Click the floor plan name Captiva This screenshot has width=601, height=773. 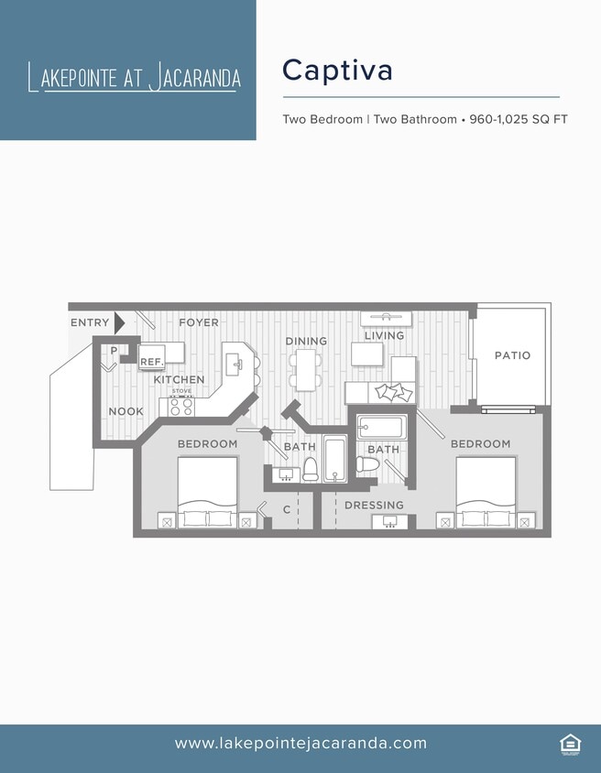(x=337, y=70)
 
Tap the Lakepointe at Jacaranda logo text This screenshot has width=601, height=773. (x=135, y=78)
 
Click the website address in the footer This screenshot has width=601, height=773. (x=300, y=743)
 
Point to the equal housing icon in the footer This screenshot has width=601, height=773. (x=569, y=744)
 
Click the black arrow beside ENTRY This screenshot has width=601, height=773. (x=119, y=323)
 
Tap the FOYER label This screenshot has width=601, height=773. (x=198, y=322)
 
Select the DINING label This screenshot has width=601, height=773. (x=306, y=341)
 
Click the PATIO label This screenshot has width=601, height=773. (x=512, y=355)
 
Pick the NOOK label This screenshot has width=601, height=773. (x=126, y=411)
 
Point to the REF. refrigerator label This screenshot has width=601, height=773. (x=151, y=363)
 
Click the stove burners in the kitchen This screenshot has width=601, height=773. (x=181, y=406)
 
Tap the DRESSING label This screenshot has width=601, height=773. (x=374, y=505)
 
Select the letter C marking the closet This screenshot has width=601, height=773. (x=287, y=509)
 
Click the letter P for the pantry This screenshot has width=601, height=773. (x=114, y=351)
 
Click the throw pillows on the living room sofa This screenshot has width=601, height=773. (x=394, y=392)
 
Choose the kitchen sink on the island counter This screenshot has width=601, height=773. (x=237, y=364)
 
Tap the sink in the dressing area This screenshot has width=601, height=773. (x=390, y=521)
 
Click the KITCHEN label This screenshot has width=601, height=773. (x=179, y=379)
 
